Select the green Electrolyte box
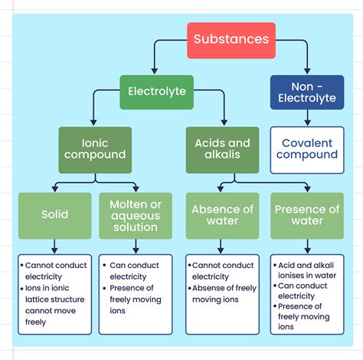[157, 93]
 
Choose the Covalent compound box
[307, 149]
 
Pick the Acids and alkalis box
[223, 149]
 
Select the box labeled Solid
[55, 215]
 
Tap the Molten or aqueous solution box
[135, 215]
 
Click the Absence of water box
[221, 215]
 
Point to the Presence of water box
[307, 215]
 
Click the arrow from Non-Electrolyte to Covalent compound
[307, 119]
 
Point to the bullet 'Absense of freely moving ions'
[224, 293]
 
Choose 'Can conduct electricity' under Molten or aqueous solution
[135, 270]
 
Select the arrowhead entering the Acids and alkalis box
[223, 123]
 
